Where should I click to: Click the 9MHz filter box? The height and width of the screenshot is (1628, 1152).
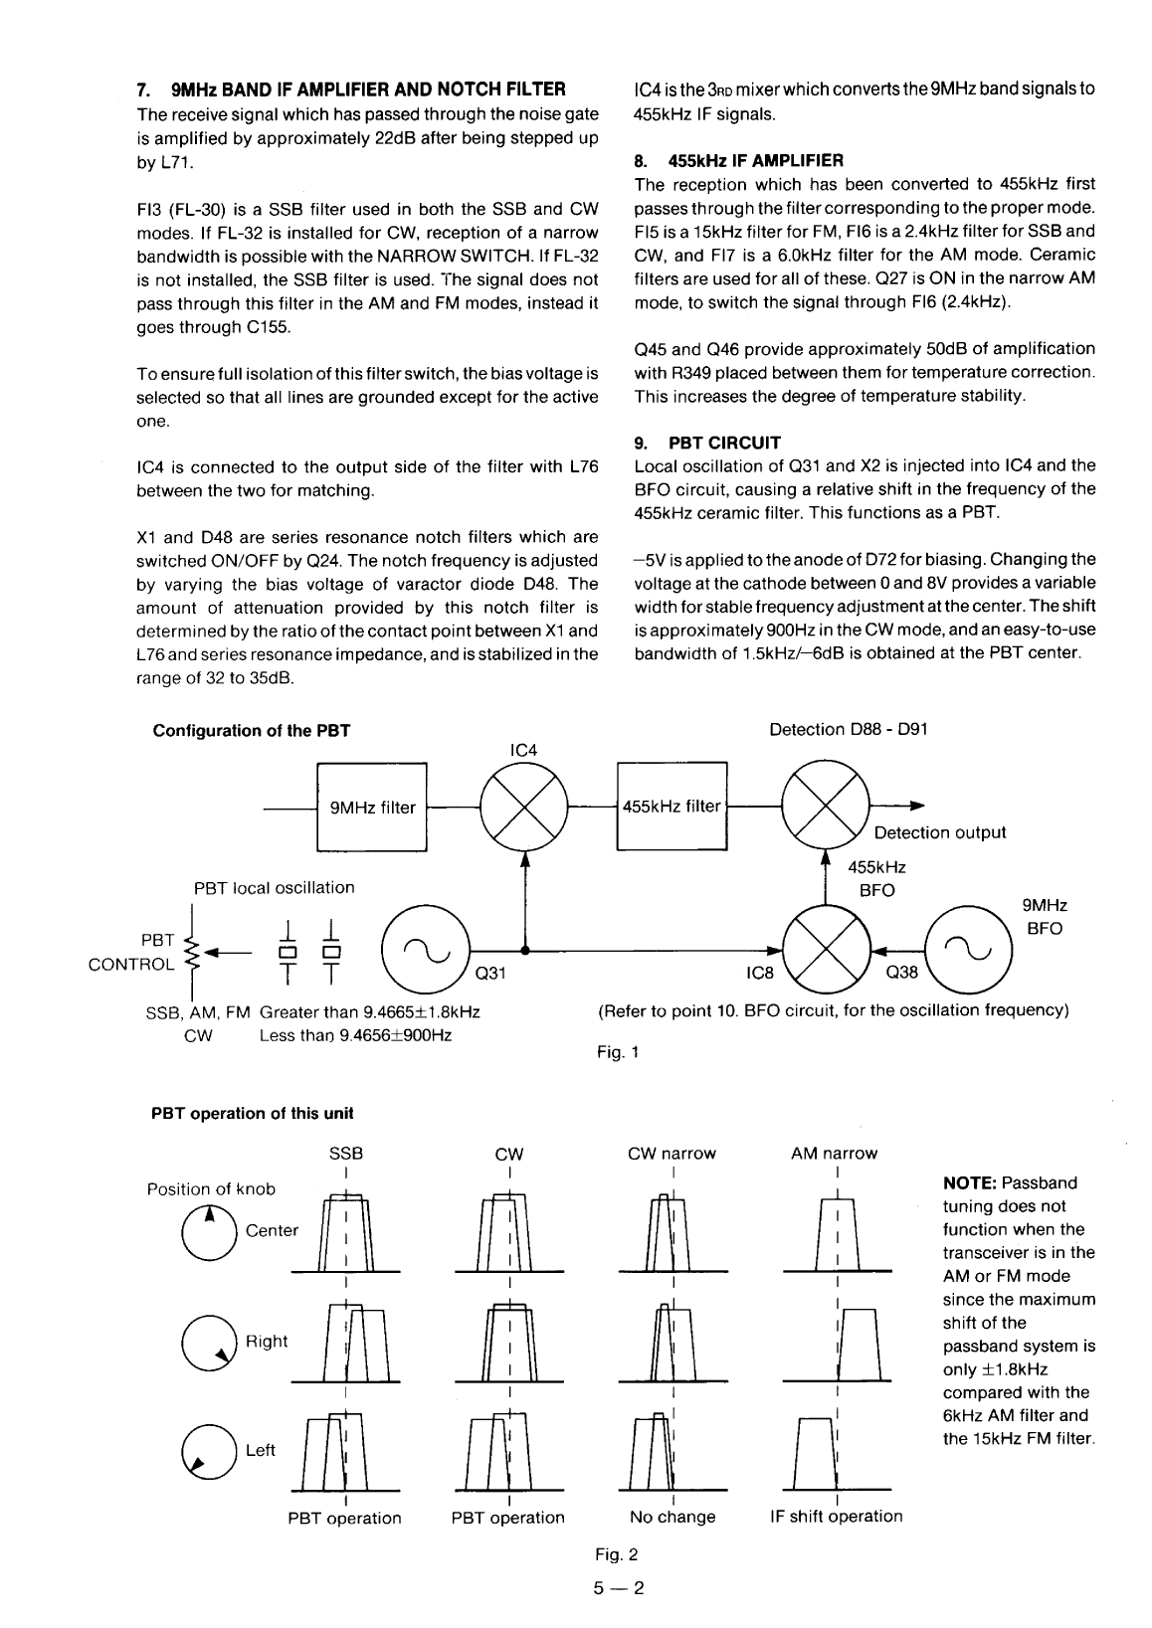pos(371,807)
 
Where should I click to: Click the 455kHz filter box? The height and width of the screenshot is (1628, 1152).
pos(672,807)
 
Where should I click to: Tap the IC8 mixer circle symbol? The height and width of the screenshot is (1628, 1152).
pos(827,950)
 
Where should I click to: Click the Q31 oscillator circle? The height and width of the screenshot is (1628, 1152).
pos(427,950)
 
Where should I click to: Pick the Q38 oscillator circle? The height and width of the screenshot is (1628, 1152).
pos(968,950)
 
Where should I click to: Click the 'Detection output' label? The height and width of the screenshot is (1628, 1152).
pos(939,832)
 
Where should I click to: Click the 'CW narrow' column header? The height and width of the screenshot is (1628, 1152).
pos(672,1154)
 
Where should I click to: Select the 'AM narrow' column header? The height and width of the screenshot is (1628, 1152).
pos(836,1154)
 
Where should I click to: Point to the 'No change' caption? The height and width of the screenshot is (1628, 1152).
pos(672,1517)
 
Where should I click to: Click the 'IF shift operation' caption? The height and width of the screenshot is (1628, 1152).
pos(836,1517)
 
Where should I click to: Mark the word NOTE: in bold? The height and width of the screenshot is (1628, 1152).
pos(969,1183)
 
